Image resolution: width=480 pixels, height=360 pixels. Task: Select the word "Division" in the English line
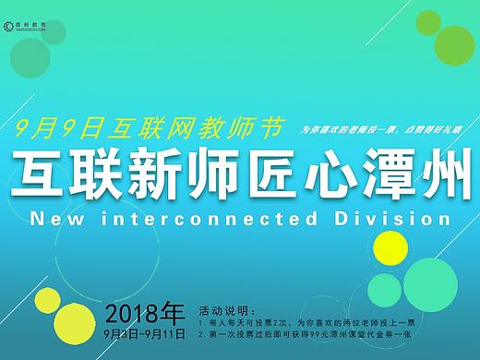pos(395,221)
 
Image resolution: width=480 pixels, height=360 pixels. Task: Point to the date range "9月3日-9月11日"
pos(145,330)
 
